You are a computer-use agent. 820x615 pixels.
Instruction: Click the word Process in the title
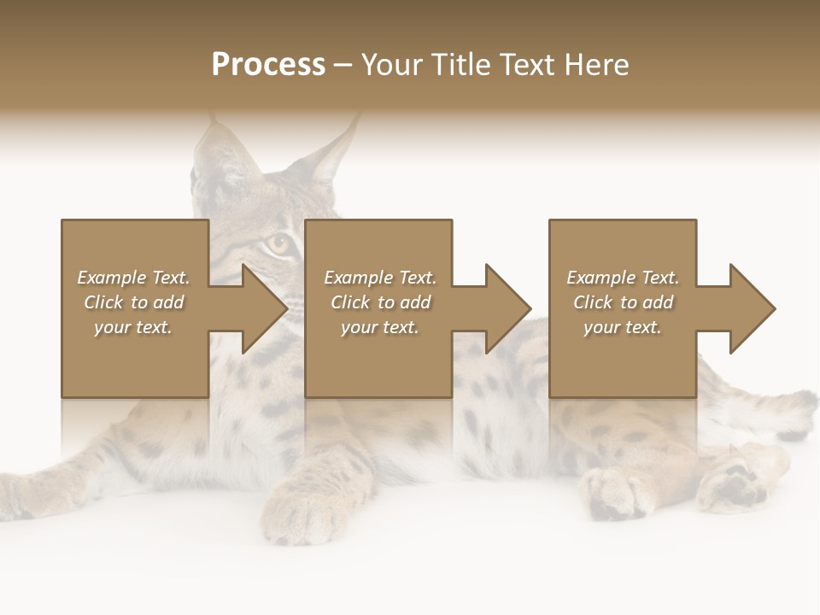[x=268, y=65]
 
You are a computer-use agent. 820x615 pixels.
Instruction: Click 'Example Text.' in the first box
[x=133, y=278]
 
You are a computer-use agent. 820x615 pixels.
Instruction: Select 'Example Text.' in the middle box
[x=380, y=278]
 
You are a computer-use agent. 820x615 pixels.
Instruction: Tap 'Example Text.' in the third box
[x=623, y=278]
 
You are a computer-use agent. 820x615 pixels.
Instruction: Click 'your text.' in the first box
[x=133, y=327]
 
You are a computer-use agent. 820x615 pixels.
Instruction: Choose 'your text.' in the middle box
[x=380, y=327]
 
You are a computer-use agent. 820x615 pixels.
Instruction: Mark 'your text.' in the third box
[x=623, y=327]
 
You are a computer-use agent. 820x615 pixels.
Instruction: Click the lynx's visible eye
[x=278, y=243]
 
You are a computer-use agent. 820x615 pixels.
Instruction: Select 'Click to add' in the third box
[x=623, y=302]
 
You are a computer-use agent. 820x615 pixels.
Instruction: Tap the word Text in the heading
[x=527, y=65]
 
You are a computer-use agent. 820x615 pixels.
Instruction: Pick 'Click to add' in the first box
[x=133, y=302]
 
